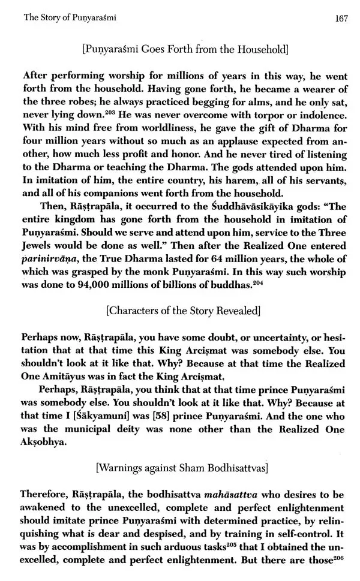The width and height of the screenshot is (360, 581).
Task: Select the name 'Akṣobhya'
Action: tap(49, 441)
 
